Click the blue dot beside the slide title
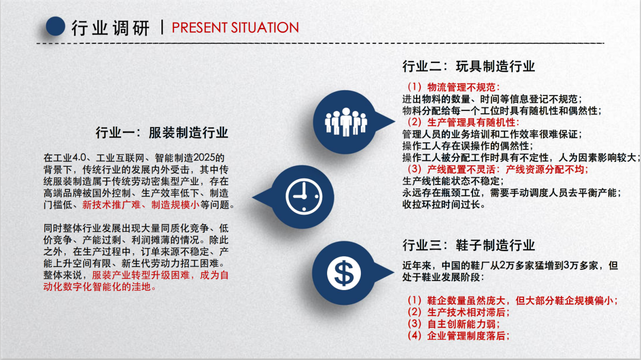(x=55, y=27)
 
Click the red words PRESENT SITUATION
(x=235, y=28)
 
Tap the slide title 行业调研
(x=110, y=28)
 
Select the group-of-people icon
(x=346, y=122)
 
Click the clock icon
(x=304, y=196)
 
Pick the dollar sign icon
(x=344, y=273)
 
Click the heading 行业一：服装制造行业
(x=162, y=133)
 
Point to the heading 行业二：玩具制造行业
(x=468, y=66)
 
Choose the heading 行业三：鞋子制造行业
(x=468, y=245)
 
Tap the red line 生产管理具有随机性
(x=463, y=122)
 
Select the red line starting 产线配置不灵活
(x=497, y=169)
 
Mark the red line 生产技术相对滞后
(x=458, y=312)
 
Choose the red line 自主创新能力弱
(x=453, y=324)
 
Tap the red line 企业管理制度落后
(x=458, y=336)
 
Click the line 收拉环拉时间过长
(x=443, y=204)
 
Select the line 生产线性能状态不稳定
(x=453, y=181)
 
